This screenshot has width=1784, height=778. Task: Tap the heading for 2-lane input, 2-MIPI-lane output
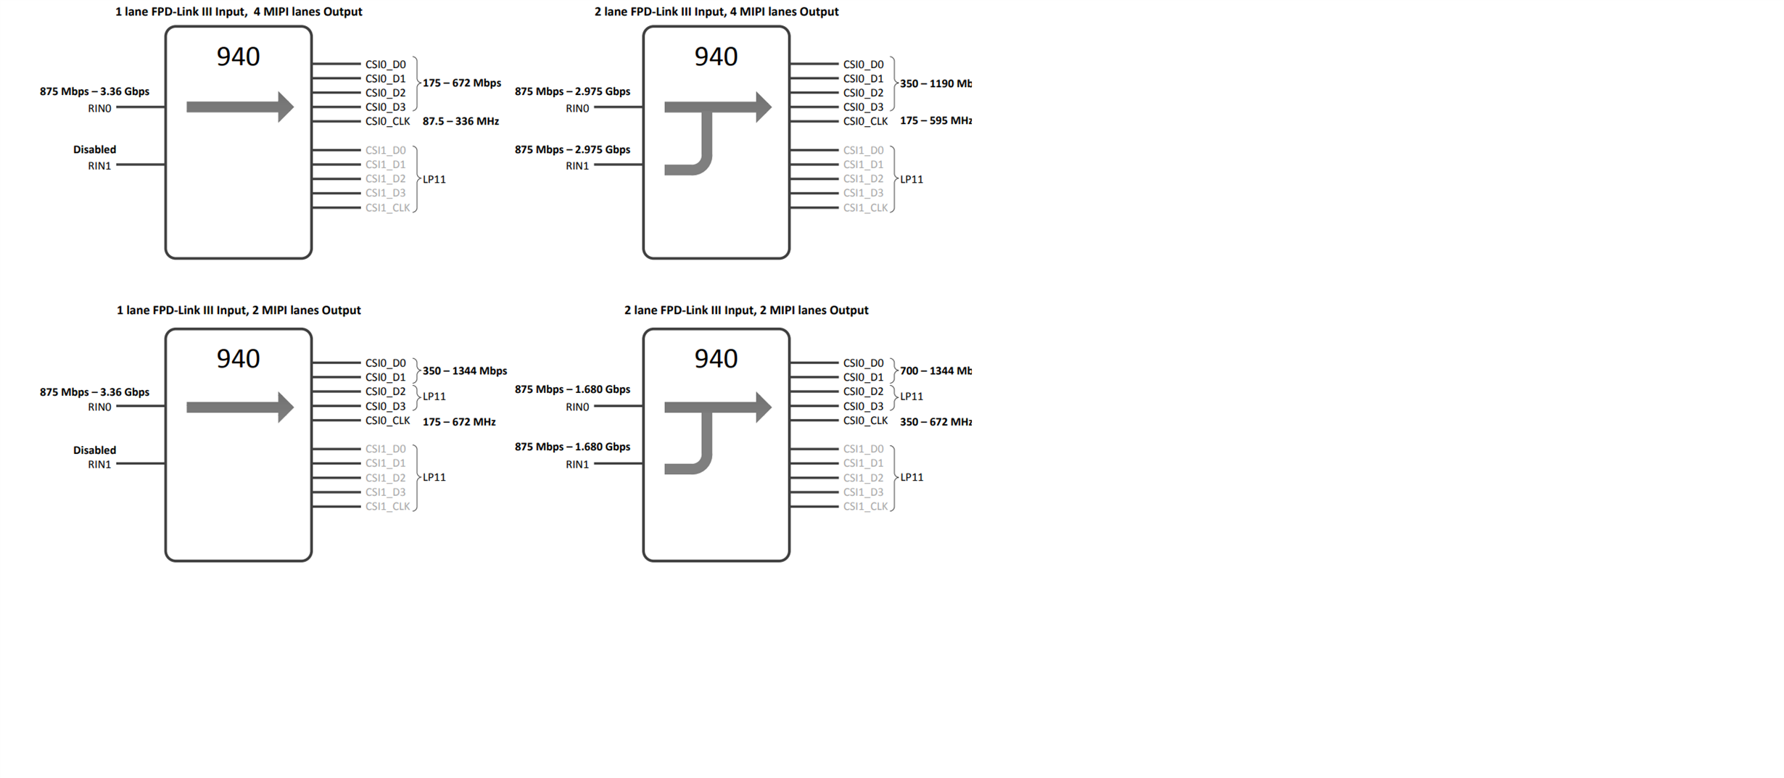point(746,310)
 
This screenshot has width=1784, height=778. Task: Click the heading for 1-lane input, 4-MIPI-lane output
point(239,12)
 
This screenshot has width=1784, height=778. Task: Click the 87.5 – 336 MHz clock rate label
point(461,121)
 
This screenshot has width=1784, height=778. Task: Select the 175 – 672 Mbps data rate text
point(462,83)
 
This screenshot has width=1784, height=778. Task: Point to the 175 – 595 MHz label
point(935,121)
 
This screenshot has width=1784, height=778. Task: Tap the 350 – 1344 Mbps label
point(465,371)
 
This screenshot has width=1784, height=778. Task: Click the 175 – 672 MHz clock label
point(459,422)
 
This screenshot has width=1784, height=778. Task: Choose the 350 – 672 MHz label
point(935,422)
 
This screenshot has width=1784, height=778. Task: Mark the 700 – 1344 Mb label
point(935,371)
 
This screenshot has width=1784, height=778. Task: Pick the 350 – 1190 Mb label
point(935,83)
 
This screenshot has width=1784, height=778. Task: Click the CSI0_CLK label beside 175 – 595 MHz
point(865,121)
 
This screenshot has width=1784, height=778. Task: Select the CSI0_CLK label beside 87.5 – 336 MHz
point(387,121)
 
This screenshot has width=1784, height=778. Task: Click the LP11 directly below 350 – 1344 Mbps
point(434,397)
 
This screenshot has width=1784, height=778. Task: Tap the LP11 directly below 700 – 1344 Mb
point(912,397)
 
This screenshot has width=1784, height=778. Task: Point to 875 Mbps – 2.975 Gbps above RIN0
point(572,91)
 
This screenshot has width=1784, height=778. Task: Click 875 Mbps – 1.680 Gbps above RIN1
point(572,447)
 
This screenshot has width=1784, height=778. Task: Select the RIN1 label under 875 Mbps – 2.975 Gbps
point(577,166)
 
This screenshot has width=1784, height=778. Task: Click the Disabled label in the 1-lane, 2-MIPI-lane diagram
point(94,450)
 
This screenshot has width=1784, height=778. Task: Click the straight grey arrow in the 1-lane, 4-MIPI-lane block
point(239,107)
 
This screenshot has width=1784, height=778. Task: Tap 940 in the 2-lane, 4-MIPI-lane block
point(716,57)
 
